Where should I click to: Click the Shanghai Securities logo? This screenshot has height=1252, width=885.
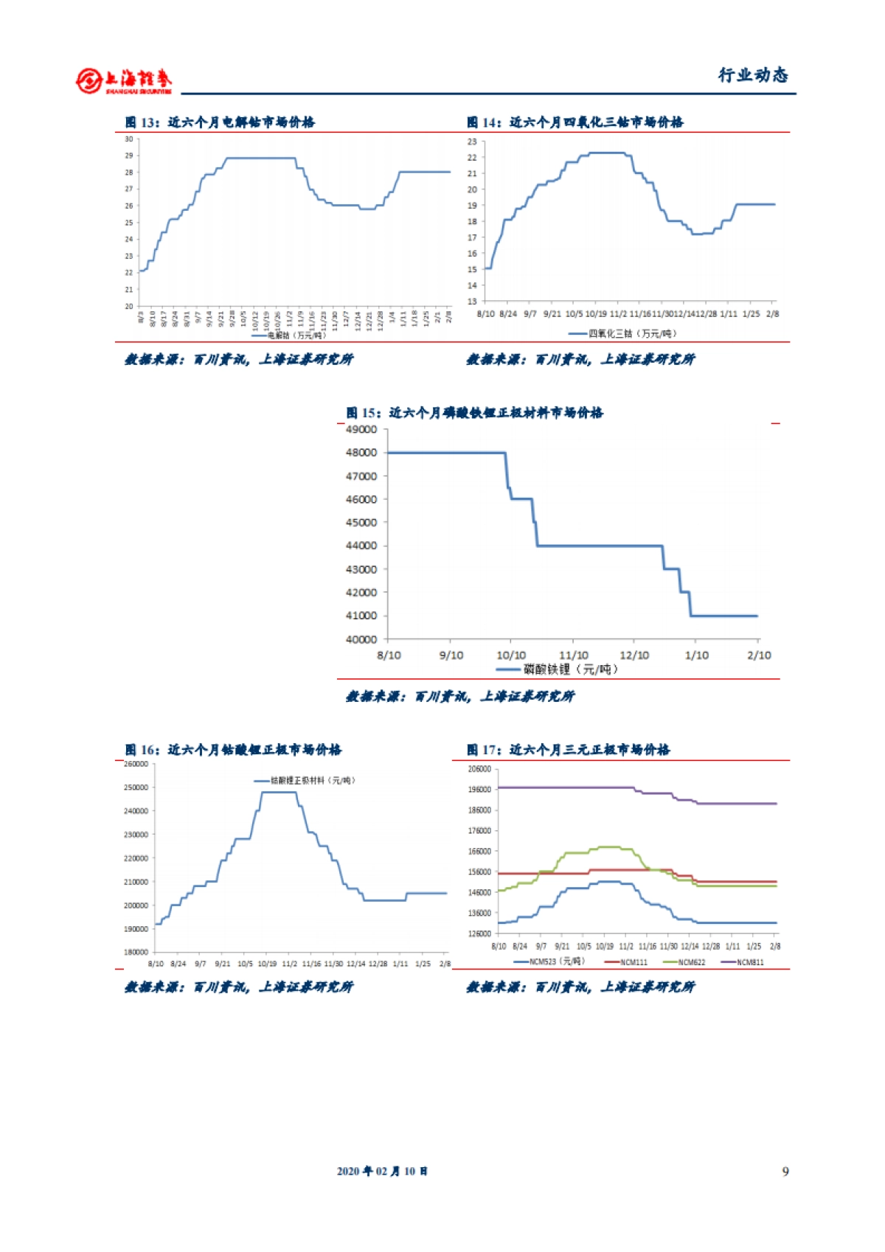point(123,80)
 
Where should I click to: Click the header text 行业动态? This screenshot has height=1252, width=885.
point(753,75)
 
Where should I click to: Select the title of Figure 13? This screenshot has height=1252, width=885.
point(220,122)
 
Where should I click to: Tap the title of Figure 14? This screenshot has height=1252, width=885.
point(575,122)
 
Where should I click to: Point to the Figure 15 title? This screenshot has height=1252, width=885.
point(474,413)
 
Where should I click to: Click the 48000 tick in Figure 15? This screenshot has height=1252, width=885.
point(361,453)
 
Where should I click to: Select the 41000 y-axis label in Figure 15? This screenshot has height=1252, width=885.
point(361,616)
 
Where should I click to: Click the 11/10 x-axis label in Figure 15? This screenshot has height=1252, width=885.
point(574,655)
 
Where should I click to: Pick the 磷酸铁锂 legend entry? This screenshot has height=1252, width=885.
point(558,670)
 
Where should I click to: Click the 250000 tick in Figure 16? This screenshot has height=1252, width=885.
point(136,787)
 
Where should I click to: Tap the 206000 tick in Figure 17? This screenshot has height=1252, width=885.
point(479,769)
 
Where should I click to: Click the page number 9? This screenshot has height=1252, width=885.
point(785,1172)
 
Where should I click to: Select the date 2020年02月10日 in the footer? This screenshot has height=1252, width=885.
point(382,1172)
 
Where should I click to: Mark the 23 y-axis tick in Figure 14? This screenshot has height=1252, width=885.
point(472,142)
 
